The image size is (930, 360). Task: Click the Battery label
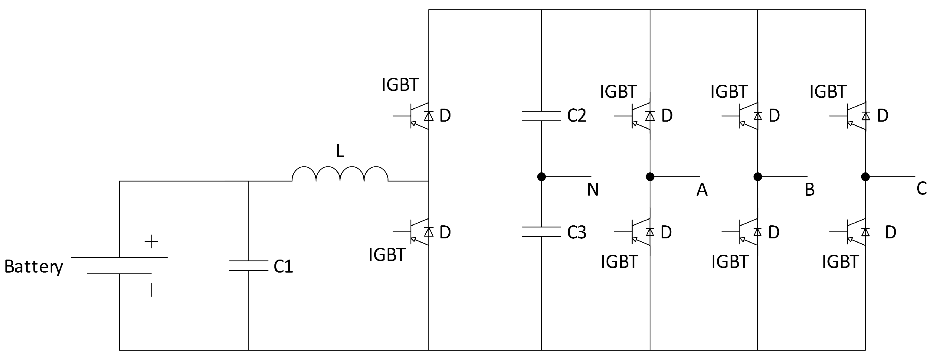pos(34,267)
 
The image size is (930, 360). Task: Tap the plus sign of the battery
pos(151,242)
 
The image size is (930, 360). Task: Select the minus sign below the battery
pos(151,290)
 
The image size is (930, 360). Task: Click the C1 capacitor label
pos(283,267)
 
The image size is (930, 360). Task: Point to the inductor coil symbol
pos(340,174)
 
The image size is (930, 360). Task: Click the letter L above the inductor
pos(340,151)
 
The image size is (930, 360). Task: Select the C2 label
pos(577,116)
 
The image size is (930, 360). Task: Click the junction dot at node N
pos(542,177)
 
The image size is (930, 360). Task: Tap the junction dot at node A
pos(650,177)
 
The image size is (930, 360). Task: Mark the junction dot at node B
pos(758,177)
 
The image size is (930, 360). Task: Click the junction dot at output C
pos(865,177)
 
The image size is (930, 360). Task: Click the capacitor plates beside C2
pos(542,116)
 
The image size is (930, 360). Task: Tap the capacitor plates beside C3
pos(542,232)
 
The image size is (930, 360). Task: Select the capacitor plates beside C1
pos(249,265)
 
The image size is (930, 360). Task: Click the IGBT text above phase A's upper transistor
pos(618,92)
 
